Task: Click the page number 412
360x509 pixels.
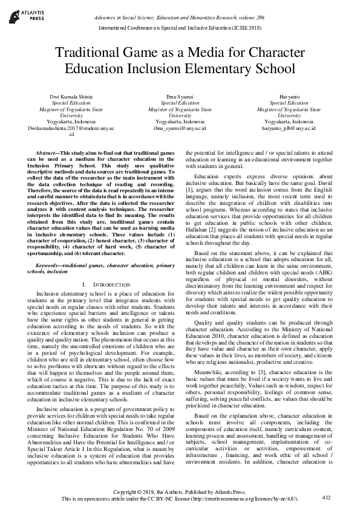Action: click(327, 497)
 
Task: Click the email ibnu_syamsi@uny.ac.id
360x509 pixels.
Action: click(180, 129)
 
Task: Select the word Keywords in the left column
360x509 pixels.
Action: click(50, 265)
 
